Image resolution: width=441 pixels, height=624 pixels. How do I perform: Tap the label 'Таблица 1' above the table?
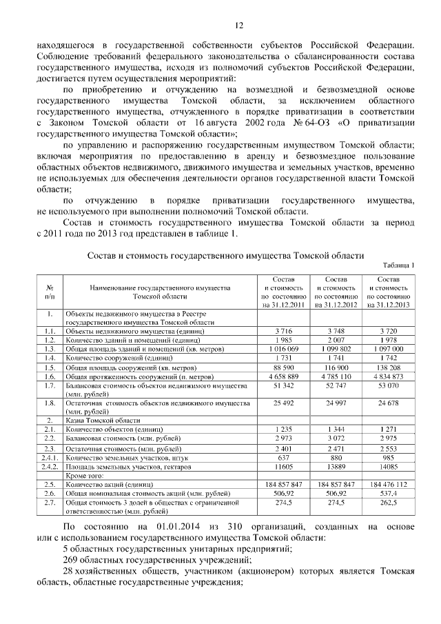398,265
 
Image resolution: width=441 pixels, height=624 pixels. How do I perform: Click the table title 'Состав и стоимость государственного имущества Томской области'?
225,255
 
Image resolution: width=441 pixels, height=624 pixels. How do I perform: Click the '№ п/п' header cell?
50,291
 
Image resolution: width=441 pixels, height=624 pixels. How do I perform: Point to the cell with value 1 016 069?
280,350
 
